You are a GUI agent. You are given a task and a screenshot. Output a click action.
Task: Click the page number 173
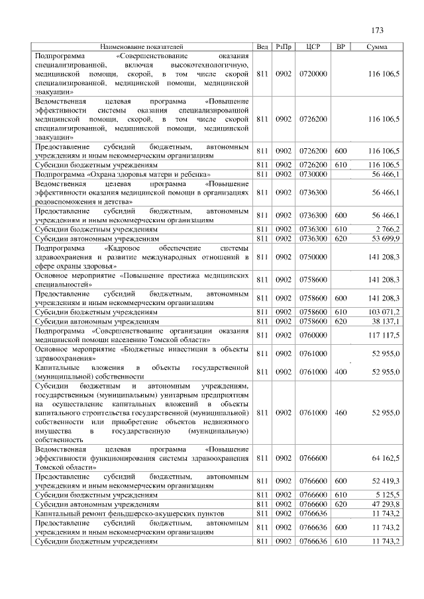(378, 30)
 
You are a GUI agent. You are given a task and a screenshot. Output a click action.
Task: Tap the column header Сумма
(377, 48)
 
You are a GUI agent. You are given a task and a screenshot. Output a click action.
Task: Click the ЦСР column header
(313, 48)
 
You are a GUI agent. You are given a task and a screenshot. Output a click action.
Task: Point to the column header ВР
(341, 48)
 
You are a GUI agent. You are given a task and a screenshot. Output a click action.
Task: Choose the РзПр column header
(284, 48)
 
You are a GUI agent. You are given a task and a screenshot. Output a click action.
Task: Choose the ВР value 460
(341, 412)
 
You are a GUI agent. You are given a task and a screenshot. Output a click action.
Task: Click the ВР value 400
(341, 372)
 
